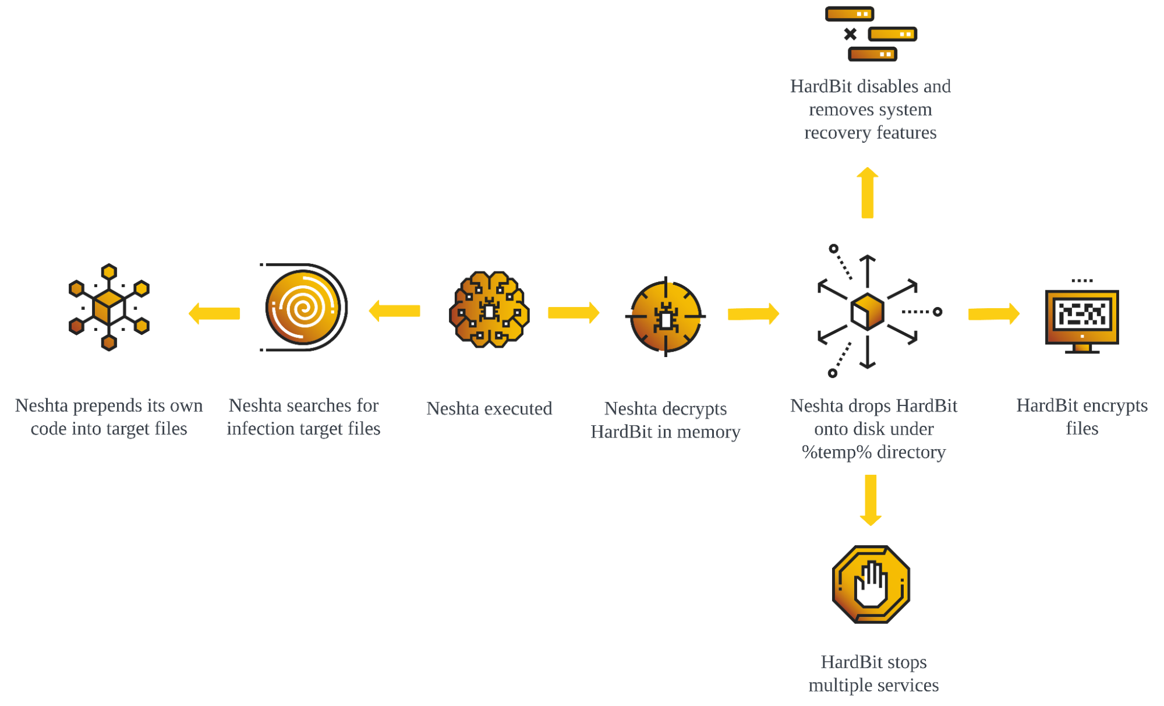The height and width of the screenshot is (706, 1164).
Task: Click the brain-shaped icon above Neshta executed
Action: pyautogui.click(x=489, y=309)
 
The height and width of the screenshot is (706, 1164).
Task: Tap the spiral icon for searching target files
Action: pyautogui.click(x=303, y=307)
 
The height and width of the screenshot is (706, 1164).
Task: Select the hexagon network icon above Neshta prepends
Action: pyautogui.click(x=109, y=307)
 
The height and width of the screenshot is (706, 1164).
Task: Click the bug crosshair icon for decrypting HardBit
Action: pyautogui.click(x=666, y=317)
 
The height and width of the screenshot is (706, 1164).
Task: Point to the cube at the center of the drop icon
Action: pyautogui.click(x=867, y=312)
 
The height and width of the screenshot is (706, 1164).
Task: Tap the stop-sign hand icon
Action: pyautogui.click(x=871, y=584)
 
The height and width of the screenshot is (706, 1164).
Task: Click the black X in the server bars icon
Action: pyautogui.click(x=850, y=34)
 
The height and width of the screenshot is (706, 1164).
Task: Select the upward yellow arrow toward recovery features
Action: pyautogui.click(x=868, y=193)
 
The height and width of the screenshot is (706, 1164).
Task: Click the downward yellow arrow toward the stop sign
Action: pyautogui.click(x=871, y=500)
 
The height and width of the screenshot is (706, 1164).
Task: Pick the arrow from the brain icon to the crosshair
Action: pyautogui.click(x=574, y=313)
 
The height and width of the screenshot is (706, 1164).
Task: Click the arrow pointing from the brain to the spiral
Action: pyautogui.click(x=395, y=311)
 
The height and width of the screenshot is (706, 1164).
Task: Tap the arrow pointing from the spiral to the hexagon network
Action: pyautogui.click(x=214, y=313)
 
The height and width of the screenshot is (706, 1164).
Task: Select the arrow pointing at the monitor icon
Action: pyautogui.click(x=993, y=314)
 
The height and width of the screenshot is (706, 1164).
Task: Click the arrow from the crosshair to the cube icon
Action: pyautogui.click(x=753, y=314)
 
